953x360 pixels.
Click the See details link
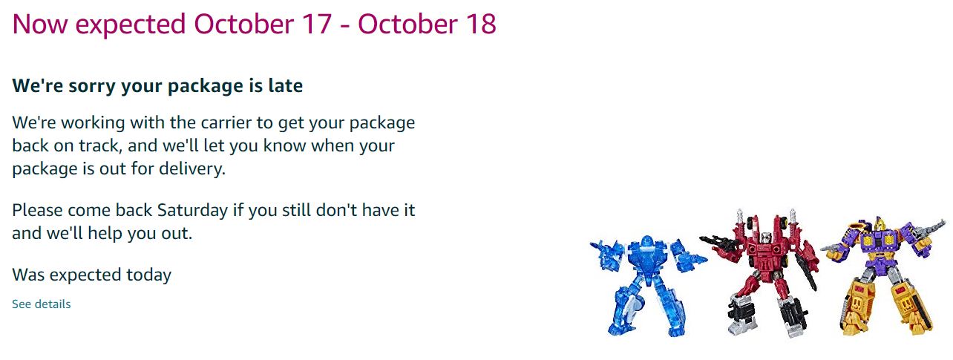[x=42, y=304]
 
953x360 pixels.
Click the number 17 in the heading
[x=317, y=24]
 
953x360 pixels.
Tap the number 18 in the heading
[x=481, y=24]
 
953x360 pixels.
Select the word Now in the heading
[x=40, y=24]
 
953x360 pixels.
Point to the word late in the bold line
[x=285, y=85]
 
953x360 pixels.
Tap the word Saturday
[x=192, y=210]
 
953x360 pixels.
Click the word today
[x=148, y=275]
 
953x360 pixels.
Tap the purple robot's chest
[x=879, y=241]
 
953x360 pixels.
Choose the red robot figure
[x=762, y=272]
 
